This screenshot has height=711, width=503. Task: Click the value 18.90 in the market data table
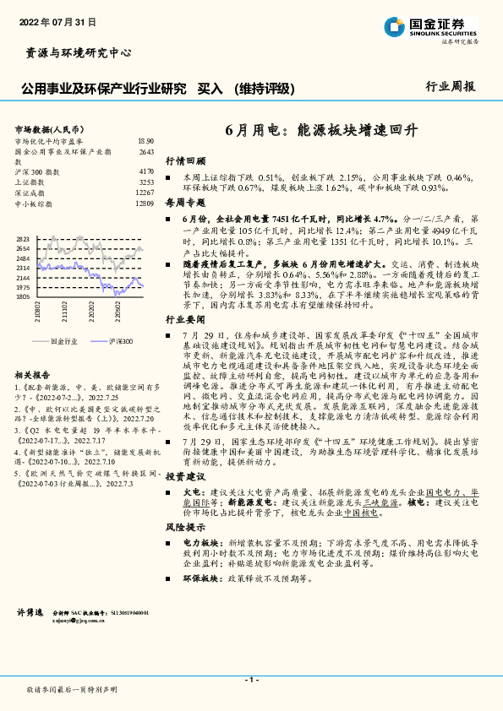[x=145, y=141]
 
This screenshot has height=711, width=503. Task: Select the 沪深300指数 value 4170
[x=146, y=171]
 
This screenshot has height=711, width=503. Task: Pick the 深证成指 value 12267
[x=145, y=193]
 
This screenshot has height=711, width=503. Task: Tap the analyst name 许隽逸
[x=30, y=633]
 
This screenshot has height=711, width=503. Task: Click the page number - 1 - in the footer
[x=251, y=680]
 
